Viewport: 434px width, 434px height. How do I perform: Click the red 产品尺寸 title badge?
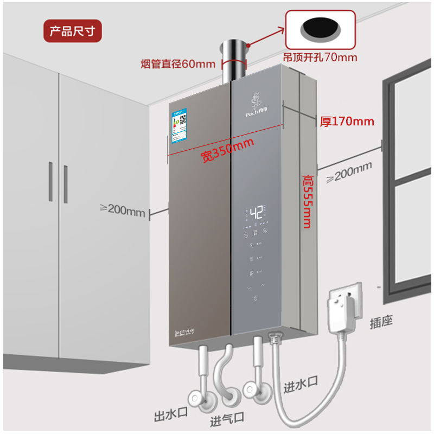pyautogui.click(x=72, y=31)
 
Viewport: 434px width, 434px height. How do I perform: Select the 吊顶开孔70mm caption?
pyautogui.click(x=320, y=56)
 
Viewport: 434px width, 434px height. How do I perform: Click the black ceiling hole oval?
pyautogui.click(x=320, y=29)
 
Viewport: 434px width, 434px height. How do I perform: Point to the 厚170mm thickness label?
pyautogui.click(x=347, y=120)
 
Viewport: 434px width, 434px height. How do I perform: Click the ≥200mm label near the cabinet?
pyautogui.click(x=123, y=209)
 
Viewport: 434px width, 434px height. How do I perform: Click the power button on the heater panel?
pyautogui.click(x=255, y=298)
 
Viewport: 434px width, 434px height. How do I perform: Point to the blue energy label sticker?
pyautogui.click(x=180, y=126)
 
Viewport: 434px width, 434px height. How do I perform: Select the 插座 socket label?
pyautogui.click(x=381, y=321)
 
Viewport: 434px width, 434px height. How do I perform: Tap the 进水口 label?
pyautogui.click(x=300, y=386)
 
